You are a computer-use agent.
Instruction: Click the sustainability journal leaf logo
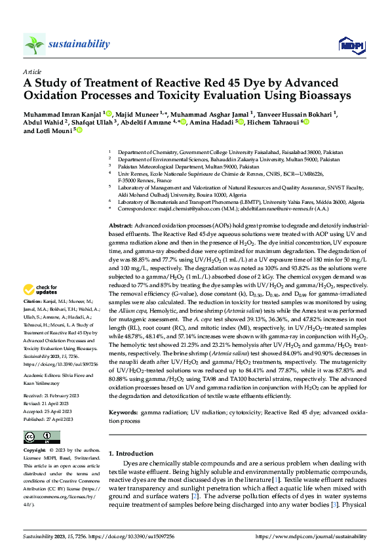click(34, 44)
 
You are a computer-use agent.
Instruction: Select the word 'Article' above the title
click(33, 71)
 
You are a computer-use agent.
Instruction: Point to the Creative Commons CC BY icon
click(38, 437)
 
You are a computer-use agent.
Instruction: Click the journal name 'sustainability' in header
click(79, 44)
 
